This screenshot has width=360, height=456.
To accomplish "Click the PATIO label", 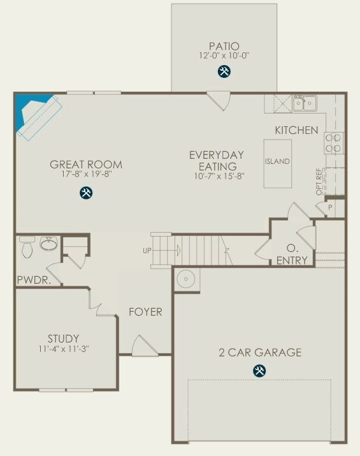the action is [224, 46].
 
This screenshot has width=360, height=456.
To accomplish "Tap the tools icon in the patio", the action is [224, 71].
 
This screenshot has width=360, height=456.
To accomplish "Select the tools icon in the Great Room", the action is [86, 193].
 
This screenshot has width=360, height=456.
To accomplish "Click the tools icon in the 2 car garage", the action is [259, 371].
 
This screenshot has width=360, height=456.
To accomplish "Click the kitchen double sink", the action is [304, 103].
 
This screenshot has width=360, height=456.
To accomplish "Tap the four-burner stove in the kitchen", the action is [334, 143].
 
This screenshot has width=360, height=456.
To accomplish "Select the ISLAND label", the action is [277, 161].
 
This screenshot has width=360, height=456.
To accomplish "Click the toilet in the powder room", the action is [27, 247].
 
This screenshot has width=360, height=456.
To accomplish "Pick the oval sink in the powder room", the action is [49, 243].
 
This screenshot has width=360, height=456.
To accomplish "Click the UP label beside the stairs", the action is [147, 251].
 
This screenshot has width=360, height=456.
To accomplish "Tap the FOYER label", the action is [145, 312].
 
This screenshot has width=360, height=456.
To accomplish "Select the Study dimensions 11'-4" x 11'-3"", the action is [63, 349].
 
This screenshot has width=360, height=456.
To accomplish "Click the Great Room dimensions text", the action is [86, 174].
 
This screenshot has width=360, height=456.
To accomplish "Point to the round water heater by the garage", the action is [185, 279].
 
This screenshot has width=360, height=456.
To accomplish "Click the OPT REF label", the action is [319, 182].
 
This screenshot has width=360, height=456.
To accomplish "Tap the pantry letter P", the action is [330, 208].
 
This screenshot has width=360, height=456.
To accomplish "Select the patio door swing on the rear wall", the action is [219, 101].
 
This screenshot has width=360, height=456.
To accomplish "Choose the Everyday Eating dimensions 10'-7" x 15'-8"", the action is [219, 176].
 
